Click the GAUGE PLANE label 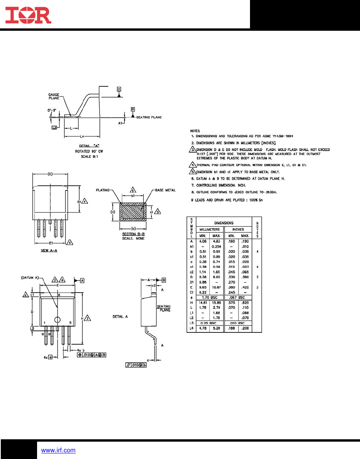pyautogui.click(x=54, y=97)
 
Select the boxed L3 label pyautogui.click(x=54, y=128)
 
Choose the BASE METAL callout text pyautogui.click(x=165, y=190)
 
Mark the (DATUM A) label pyautogui.click(x=29, y=278)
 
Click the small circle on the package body pyautogui.click(x=58, y=320)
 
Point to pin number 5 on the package pyautogui.click(x=70, y=323)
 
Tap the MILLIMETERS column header pyautogui.click(x=210, y=229)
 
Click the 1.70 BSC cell pyautogui.click(x=210, y=297)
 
